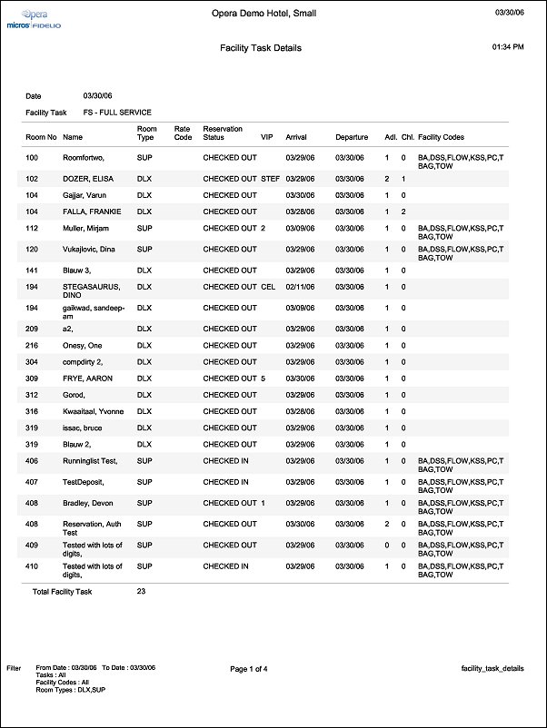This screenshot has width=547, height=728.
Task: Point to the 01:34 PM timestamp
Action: coord(508,45)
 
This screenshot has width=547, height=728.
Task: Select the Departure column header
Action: coord(352,137)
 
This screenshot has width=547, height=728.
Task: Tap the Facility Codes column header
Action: coord(442,137)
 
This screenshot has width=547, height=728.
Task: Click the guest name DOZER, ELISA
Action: coord(88,179)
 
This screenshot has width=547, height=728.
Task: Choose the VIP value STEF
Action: coord(271,179)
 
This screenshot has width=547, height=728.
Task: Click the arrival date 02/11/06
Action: coord(300,287)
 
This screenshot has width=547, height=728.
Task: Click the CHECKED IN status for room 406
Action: coord(226,461)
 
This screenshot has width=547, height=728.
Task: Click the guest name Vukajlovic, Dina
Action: coord(89,249)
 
